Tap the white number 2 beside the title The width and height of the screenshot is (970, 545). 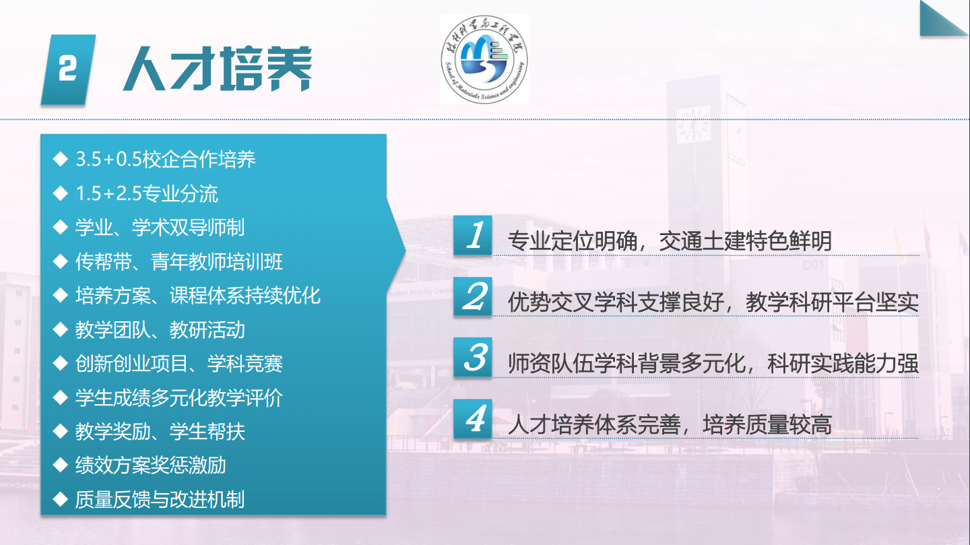pyautogui.click(x=67, y=69)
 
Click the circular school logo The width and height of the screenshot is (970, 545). pyautogui.click(x=484, y=60)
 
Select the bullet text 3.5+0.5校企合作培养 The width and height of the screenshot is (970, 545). pyautogui.click(x=166, y=160)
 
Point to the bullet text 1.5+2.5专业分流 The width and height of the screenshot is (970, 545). pyautogui.click(x=147, y=193)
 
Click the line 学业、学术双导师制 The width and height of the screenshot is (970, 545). pyautogui.click(x=160, y=228)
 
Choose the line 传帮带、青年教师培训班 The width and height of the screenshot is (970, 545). pyautogui.click(x=179, y=261)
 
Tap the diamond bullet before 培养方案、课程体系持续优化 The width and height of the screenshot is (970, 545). pyautogui.click(x=60, y=296)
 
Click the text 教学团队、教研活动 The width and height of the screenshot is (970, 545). pyautogui.click(x=160, y=329)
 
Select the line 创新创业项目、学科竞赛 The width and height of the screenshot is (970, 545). pyautogui.click(x=179, y=364)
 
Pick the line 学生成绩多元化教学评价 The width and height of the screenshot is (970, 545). pyautogui.click(x=179, y=397)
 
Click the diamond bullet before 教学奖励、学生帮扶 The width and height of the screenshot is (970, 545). pyautogui.click(x=60, y=431)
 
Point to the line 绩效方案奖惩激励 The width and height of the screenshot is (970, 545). pyautogui.click(x=151, y=466)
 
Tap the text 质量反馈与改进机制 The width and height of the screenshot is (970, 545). pyautogui.click(x=160, y=499)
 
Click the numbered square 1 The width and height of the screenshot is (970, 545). pyautogui.click(x=473, y=235)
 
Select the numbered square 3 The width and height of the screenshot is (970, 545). pyautogui.click(x=473, y=357)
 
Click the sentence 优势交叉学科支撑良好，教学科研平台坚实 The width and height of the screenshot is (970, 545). pyautogui.click(x=713, y=302)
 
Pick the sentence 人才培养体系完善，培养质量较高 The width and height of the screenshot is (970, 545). pyautogui.click(x=670, y=424)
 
